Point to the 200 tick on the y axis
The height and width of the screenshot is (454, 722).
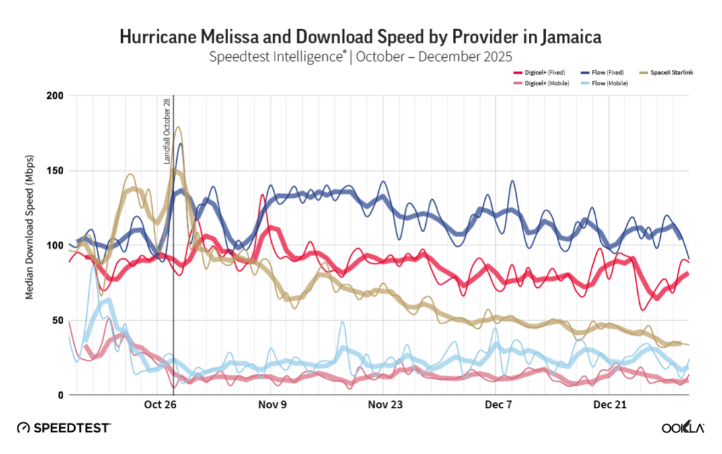[x=55, y=96]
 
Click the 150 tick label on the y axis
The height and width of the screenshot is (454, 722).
[x=55, y=170]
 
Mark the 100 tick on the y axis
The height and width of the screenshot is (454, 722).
[x=55, y=245]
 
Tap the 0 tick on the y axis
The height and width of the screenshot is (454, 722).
[x=60, y=395]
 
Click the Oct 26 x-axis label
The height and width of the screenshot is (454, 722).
[x=159, y=405]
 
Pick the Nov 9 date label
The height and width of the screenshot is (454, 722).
[x=272, y=405]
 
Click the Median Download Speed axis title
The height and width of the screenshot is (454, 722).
[x=31, y=245]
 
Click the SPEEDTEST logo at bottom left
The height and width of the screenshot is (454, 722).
[x=64, y=428]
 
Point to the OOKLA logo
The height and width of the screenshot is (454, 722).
[x=683, y=428]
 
